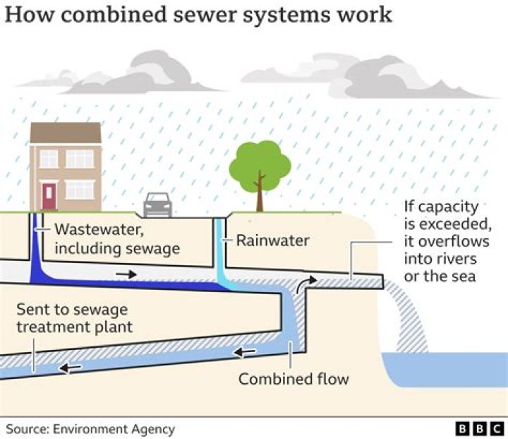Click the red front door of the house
[49, 196]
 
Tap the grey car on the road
[157, 205]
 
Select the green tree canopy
[260, 165]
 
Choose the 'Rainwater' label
[272, 240]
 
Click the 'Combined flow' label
[293, 379]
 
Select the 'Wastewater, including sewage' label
[116, 239]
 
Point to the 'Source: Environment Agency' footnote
[90, 428]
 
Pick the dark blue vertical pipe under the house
[35, 240]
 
